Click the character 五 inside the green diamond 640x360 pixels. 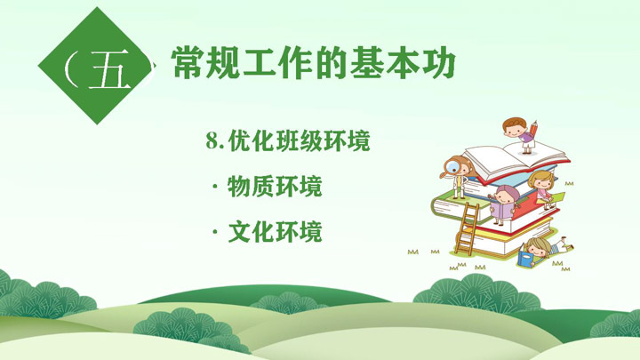(109, 69)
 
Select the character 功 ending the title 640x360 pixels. (439, 62)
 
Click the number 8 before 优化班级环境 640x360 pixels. (213, 140)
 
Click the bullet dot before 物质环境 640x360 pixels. (215, 187)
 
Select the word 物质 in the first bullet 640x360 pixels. (251, 187)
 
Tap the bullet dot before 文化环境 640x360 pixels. (215, 233)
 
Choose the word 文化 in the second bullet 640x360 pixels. (251, 232)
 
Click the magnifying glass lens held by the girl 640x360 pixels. (452, 166)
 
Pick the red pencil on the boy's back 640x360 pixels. (533, 130)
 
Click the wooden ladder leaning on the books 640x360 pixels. (468, 228)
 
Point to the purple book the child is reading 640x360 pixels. (501, 211)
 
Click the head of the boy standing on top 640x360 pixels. (515, 127)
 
